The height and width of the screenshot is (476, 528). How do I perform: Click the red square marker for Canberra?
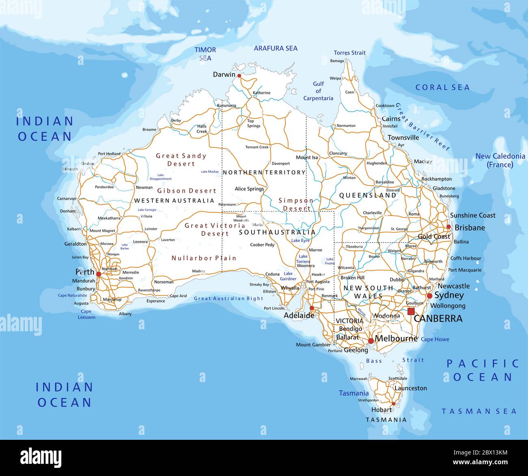[x=411, y=311]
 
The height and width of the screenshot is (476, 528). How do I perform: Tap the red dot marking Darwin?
[x=239, y=76]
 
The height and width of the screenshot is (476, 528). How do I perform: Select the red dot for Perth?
[x=98, y=274]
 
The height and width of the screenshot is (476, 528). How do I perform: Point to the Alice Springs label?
[x=249, y=189]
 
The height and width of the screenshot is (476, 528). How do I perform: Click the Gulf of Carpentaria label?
[x=318, y=91]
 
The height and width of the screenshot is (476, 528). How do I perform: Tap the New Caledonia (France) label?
[x=500, y=160]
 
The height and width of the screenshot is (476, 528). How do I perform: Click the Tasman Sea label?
[x=479, y=411]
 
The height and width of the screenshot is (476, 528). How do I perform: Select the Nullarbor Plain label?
[x=203, y=258]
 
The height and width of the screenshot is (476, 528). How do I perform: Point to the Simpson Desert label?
[x=296, y=204]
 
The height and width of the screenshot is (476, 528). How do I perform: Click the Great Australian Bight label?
[x=228, y=298]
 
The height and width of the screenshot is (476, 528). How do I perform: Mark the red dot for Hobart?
[x=393, y=404]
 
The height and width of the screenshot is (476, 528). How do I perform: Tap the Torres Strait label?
[x=349, y=53]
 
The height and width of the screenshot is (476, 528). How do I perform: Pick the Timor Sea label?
[x=205, y=54]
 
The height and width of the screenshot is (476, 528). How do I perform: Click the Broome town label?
[x=149, y=130]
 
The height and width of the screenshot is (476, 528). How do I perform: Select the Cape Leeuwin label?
[x=86, y=314]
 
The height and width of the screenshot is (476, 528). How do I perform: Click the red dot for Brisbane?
[x=448, y=227]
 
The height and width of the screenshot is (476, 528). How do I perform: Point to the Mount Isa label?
[x=307, y=157]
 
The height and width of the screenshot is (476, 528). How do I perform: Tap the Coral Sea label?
[x=442, y=87]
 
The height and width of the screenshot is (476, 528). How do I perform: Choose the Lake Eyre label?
[x=300, y=241]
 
